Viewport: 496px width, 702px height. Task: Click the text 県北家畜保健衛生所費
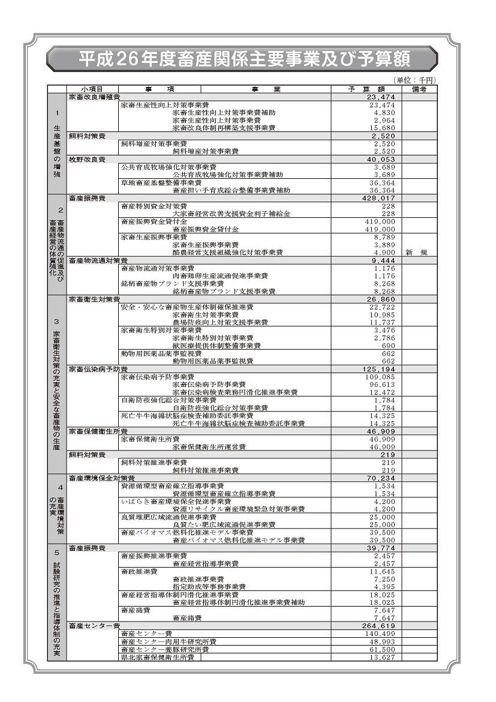(157, 658)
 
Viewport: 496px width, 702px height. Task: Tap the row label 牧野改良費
(87, 159)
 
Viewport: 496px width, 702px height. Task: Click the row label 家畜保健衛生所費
(98, 431)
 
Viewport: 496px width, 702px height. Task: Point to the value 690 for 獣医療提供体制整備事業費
(389, 346)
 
